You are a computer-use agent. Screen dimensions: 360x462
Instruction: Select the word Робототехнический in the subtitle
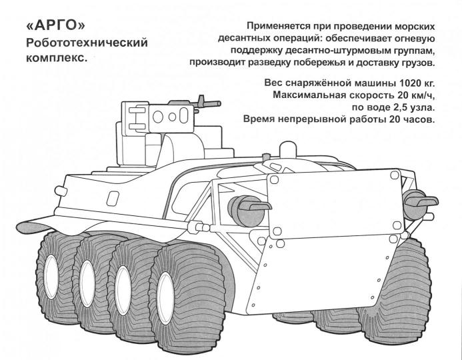click(x=86, y=44)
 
